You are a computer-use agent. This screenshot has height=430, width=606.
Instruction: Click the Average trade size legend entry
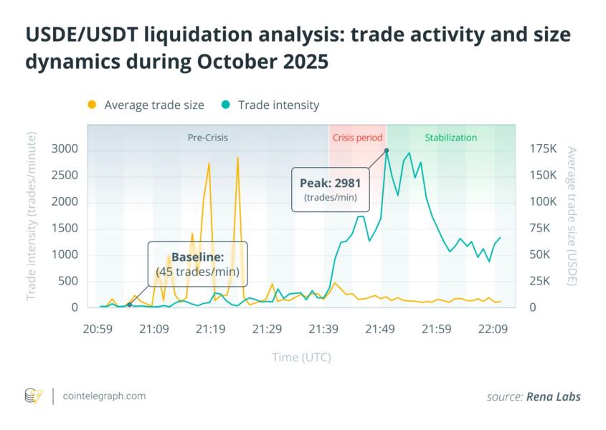tap(146, 105)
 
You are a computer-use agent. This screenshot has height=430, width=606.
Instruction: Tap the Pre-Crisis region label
tap(208, 138)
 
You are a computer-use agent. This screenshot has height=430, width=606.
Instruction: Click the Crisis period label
tap(358, 138)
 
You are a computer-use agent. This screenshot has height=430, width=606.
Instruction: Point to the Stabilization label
tap(450, 138)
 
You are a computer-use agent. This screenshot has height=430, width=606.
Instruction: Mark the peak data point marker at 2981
tap(387, 150)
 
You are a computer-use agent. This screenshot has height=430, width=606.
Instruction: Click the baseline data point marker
tap(129, 305)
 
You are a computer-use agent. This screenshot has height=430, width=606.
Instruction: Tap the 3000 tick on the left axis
tap(66, 149)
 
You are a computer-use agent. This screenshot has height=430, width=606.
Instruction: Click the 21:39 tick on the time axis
tap(323, 329)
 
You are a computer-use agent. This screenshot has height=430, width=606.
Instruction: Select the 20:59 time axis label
tap(98, 329)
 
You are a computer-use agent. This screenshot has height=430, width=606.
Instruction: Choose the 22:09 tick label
tap(493, 329)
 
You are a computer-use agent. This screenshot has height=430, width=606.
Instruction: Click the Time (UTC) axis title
tap(301, 357)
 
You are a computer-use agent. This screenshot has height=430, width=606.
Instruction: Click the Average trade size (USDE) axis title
tap(572, 216)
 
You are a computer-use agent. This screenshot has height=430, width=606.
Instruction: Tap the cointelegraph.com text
tap(105, 396)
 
